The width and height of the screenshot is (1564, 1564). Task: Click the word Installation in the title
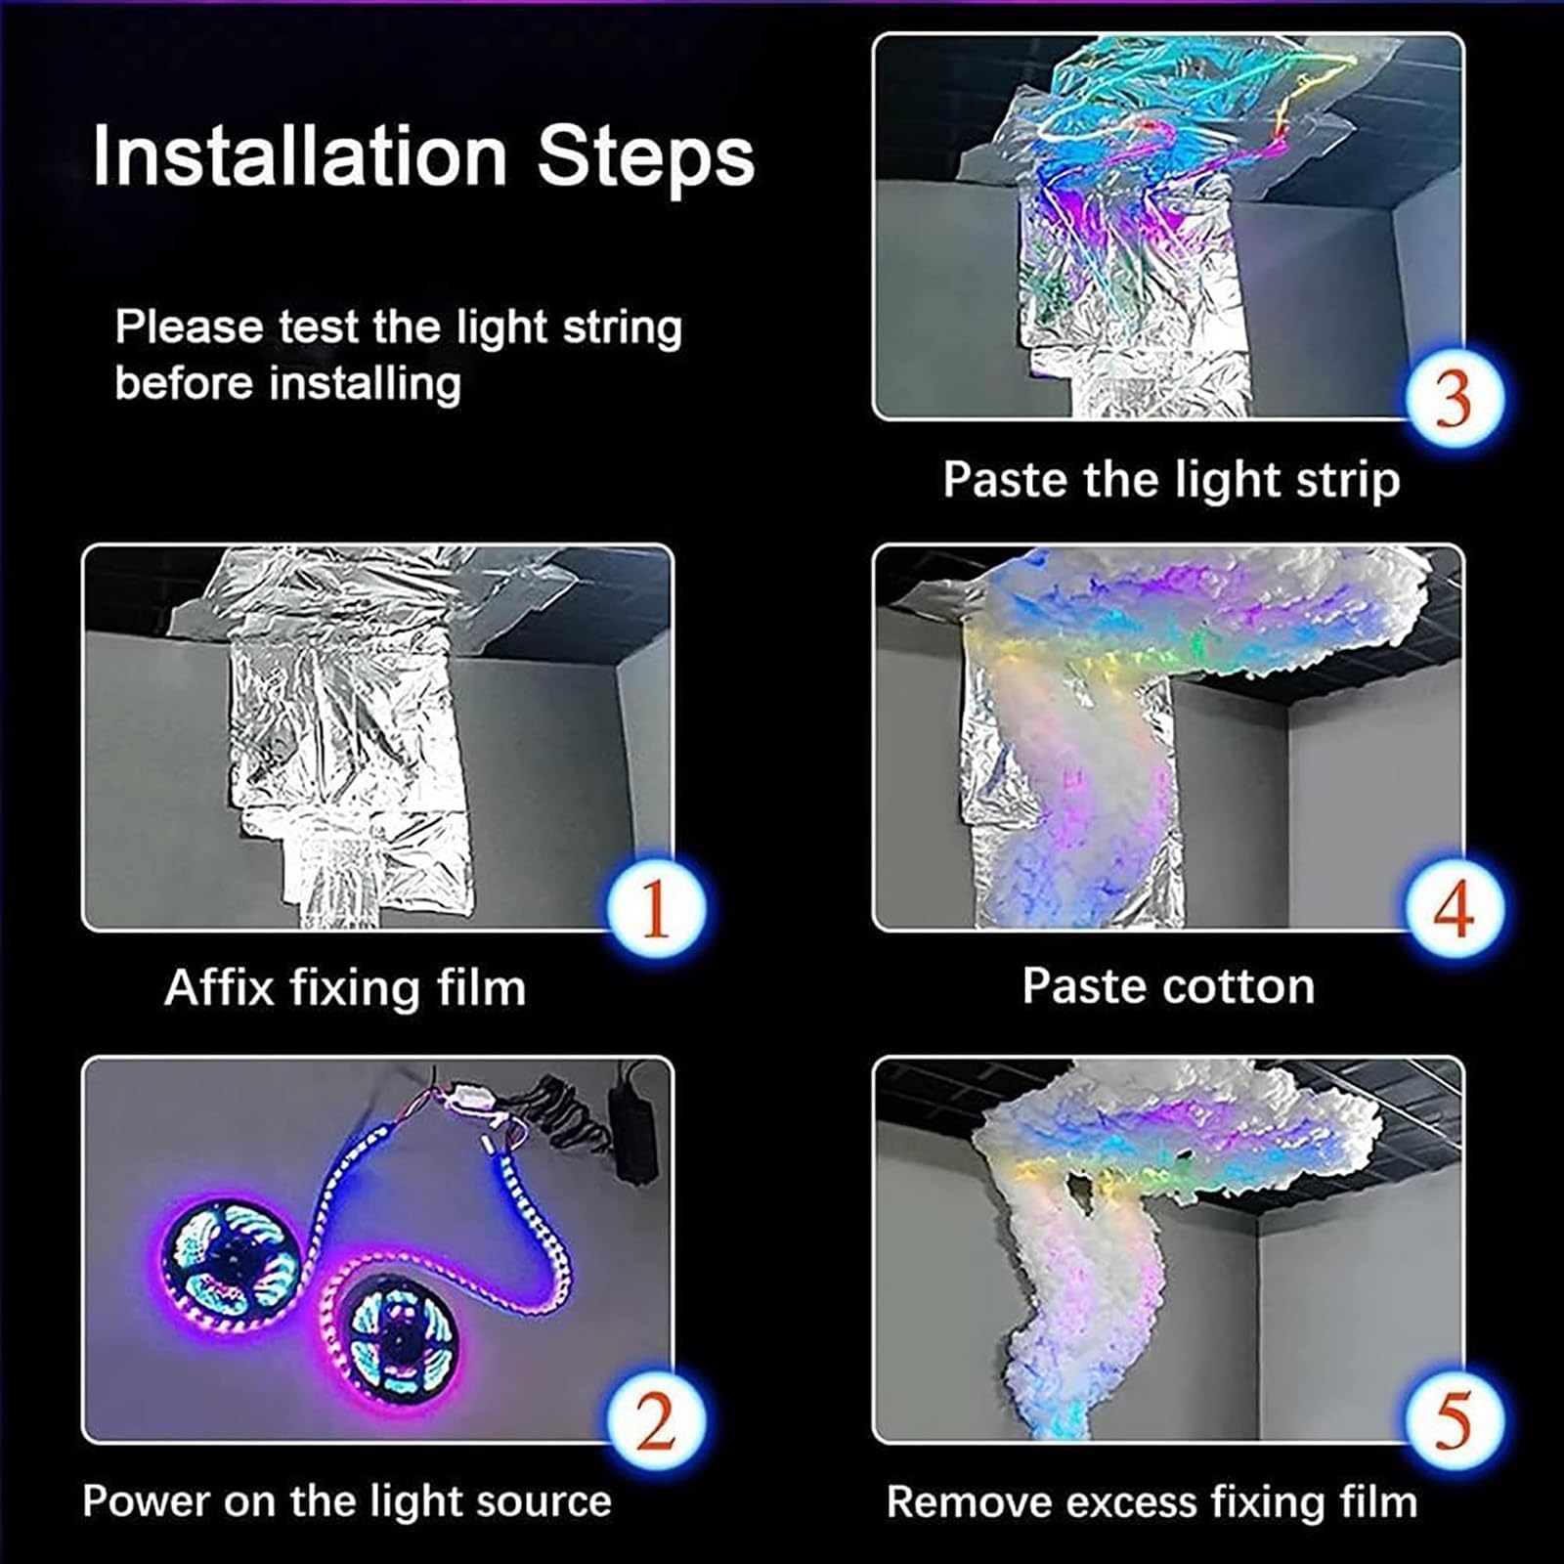point(299,156)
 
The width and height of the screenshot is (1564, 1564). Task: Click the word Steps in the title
point(645,156)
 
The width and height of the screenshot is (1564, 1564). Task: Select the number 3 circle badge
point(1454,398)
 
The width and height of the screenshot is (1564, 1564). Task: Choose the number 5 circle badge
point(1454,1420)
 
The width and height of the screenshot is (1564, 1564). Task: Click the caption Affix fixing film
point(345,987)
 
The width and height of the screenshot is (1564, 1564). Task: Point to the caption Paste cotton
point(1168,985)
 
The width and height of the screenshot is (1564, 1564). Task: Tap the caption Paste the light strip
point(1170,480)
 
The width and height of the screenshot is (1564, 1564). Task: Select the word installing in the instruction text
point(365,383)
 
